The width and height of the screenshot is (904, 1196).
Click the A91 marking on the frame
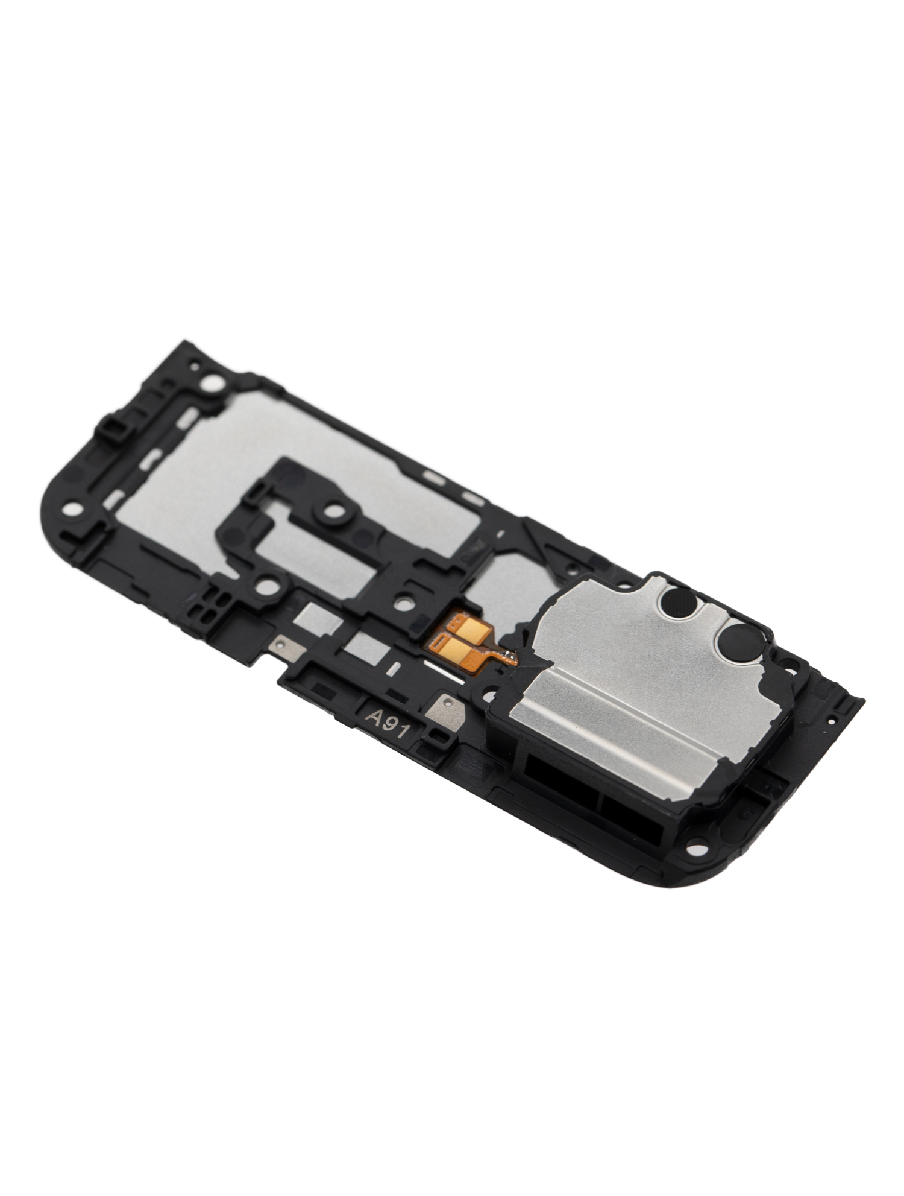coord(389,721)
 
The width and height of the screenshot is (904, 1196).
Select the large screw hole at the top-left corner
coord(212,382)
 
